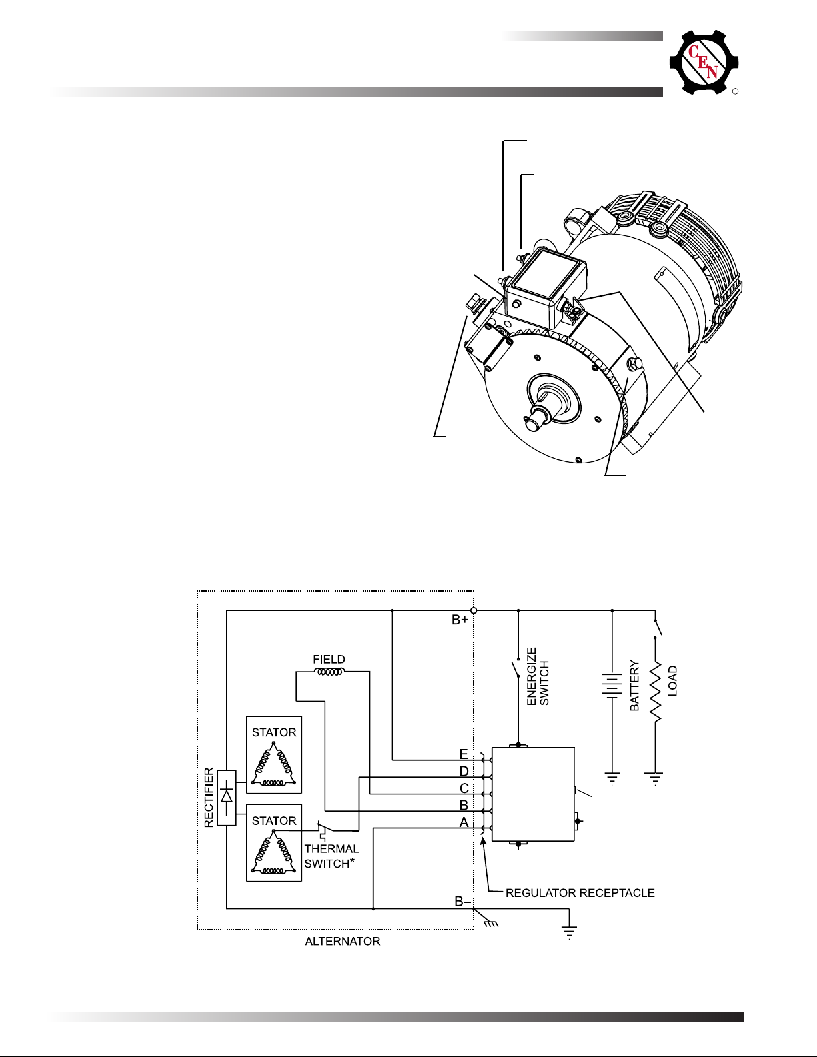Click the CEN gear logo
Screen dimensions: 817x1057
pyautogui.click(x=704, y=63)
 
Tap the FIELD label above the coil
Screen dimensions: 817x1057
pyautogui.click(x=329, y=659)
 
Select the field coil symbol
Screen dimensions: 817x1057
pyautogui.click(x=330, y=672)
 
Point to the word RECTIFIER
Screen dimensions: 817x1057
pyautogui.click(x=209, y=797)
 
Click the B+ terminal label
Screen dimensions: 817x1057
pyautogui.click(x=460, y=620)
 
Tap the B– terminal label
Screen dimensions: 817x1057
pyautogui.click(x=462, y=902)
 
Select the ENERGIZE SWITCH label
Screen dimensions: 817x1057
pyautogui.click(x=538, y=676)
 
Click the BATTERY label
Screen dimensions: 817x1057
pyautogui.click(x=635, y=686)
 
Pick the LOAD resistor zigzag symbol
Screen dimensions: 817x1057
pyautogui.click(x=655, y=691)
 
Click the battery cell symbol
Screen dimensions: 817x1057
pyautogui.click(x=612, y=686)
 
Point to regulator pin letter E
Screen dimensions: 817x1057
pyautogui.click(x=464, y=754)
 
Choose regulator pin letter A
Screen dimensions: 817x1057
pyautogui.click(x=464, y=822)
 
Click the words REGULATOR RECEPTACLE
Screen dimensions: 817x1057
pyautogui.click(x=580, y=893)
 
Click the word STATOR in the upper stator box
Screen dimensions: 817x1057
pyautogui.click(x=274, y=732)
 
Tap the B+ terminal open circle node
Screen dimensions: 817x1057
pyautogui.click(x=474, y=610)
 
